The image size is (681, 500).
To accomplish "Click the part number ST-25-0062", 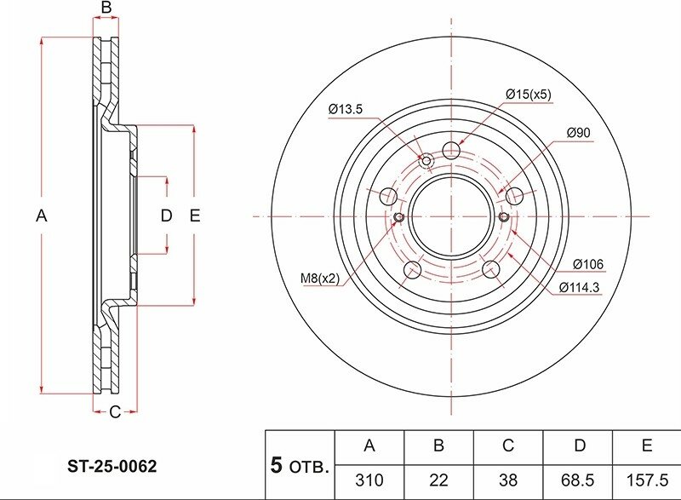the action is [x=112, y=467].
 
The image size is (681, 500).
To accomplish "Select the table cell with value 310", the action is [x=369, y=480].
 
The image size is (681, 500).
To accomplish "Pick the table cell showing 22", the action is [x=438, y=480].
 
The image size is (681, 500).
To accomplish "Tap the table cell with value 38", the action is [x=507, y=480].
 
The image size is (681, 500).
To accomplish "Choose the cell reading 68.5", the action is [x=577, y=480].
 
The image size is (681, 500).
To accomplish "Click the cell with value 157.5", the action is [x=647, y=480].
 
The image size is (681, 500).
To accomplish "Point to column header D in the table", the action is [x=580, y=445].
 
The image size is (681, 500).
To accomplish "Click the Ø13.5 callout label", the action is [x=346, y=108].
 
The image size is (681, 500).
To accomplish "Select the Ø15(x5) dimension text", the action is [x=529, y=94].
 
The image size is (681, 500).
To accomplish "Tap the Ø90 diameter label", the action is [x=579, y=133].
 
